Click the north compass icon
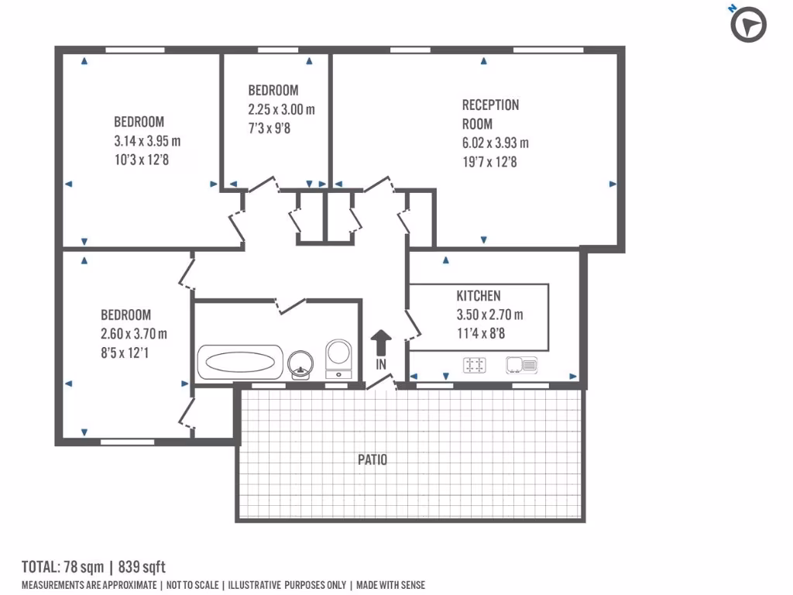coord(748,25)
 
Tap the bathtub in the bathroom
coord(240,362)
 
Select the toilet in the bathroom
coord(339,359)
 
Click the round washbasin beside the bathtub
coord(300,363)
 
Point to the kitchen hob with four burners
coord(475,365)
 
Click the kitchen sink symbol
coord(522,364)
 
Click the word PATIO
coord(372,459)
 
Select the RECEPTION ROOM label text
coord(490,114)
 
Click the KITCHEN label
coord(478,296)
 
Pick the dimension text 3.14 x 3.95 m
coord(147,141)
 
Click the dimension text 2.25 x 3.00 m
coord(281,109)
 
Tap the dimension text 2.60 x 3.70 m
coord(134,334)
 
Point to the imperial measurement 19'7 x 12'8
coord(489,162)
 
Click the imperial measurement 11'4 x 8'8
coord(480,334)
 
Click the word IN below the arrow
coord(381,363)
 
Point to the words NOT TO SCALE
coord(191,585)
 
